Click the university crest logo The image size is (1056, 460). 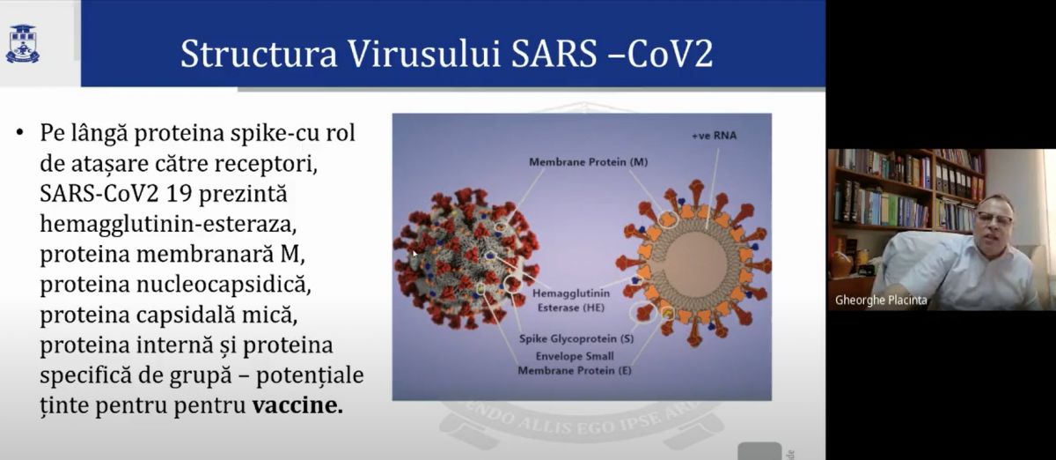point(22,43)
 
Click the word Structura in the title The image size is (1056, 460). point(259,54)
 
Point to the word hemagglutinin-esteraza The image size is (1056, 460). point(168,225)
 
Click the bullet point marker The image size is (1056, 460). point(19,132)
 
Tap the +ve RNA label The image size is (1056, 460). point(714,136)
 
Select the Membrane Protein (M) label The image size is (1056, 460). point(589,162)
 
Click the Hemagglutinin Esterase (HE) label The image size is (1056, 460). point(571,300)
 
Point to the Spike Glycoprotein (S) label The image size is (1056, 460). point(576,338)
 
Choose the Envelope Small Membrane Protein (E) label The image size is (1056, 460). point(575,363)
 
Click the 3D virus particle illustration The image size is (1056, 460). point(466,258)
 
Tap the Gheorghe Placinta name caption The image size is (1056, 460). point(881,300)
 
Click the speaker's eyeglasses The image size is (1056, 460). point(994,219)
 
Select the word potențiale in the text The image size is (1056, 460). point(310,376)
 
